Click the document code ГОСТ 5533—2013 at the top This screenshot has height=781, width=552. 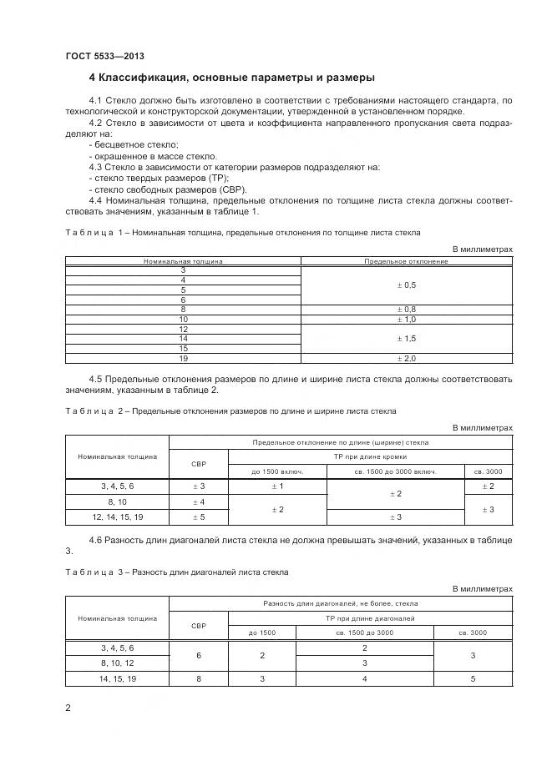104,56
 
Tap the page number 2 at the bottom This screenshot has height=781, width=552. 68,708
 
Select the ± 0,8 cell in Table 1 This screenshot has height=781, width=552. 406,309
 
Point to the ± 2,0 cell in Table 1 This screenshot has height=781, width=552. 406,358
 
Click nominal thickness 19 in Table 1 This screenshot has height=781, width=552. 183,358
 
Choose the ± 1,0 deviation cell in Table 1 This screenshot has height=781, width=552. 406,319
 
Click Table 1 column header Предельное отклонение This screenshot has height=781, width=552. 406,261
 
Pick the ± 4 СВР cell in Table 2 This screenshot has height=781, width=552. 199,501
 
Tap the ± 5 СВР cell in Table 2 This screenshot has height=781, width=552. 199,517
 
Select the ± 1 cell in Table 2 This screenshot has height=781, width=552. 277,486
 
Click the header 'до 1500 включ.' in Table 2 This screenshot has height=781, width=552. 277,471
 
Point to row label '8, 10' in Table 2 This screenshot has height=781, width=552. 117,501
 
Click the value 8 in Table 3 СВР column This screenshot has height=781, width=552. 199,679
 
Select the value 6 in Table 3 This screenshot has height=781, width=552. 199,656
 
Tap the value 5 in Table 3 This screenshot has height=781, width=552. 473,679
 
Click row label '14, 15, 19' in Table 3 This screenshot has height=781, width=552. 117,679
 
